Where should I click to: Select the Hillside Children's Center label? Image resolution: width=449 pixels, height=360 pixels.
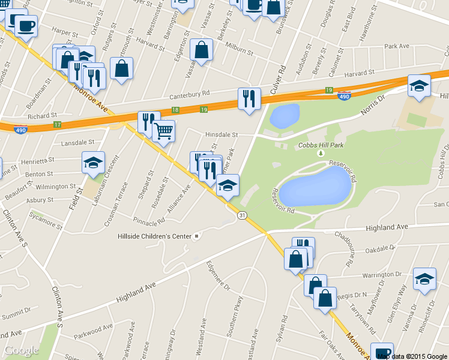(x=154, y=236)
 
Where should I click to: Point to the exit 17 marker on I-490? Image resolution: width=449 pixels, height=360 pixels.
(x=58, y=124)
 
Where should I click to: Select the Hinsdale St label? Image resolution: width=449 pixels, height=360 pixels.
(x=221, y=135)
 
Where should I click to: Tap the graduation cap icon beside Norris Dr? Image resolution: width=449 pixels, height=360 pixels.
(x=419, y=86)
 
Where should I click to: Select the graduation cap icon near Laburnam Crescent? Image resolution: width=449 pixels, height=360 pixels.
(x=93, y=163)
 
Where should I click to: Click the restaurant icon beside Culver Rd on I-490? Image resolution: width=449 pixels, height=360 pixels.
(x=249, y=97)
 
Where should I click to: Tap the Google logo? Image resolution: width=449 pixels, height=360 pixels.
(x=22, y=350)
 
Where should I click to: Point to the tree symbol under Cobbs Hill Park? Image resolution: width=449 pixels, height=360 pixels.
(x=321, y=154)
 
